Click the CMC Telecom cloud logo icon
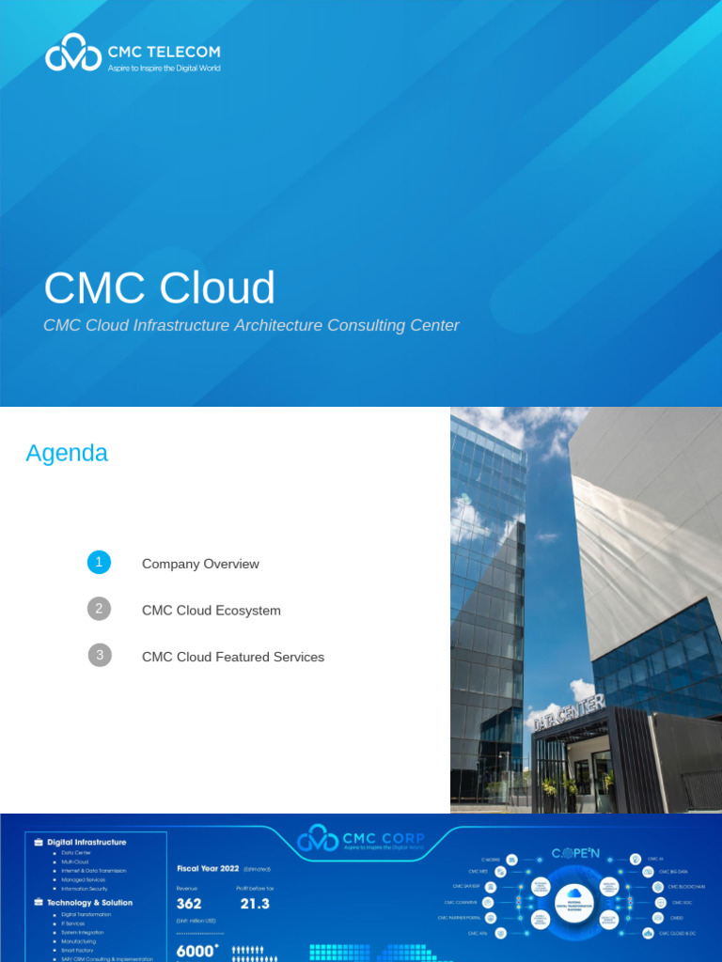[72, 53]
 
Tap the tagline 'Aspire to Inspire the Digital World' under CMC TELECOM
[164, 69]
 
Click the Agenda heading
[67, 453]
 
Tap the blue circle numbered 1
[99, 563]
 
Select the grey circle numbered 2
[99, 609]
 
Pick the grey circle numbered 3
[99, 655]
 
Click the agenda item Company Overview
[200, 564]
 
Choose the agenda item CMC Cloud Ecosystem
[211, 611]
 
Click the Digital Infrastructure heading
[86, 842]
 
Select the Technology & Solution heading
[89, 902]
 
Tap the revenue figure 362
[189, 904]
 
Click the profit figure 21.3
[254, 904]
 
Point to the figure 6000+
[197, 952]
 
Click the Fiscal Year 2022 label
[208, 868]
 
